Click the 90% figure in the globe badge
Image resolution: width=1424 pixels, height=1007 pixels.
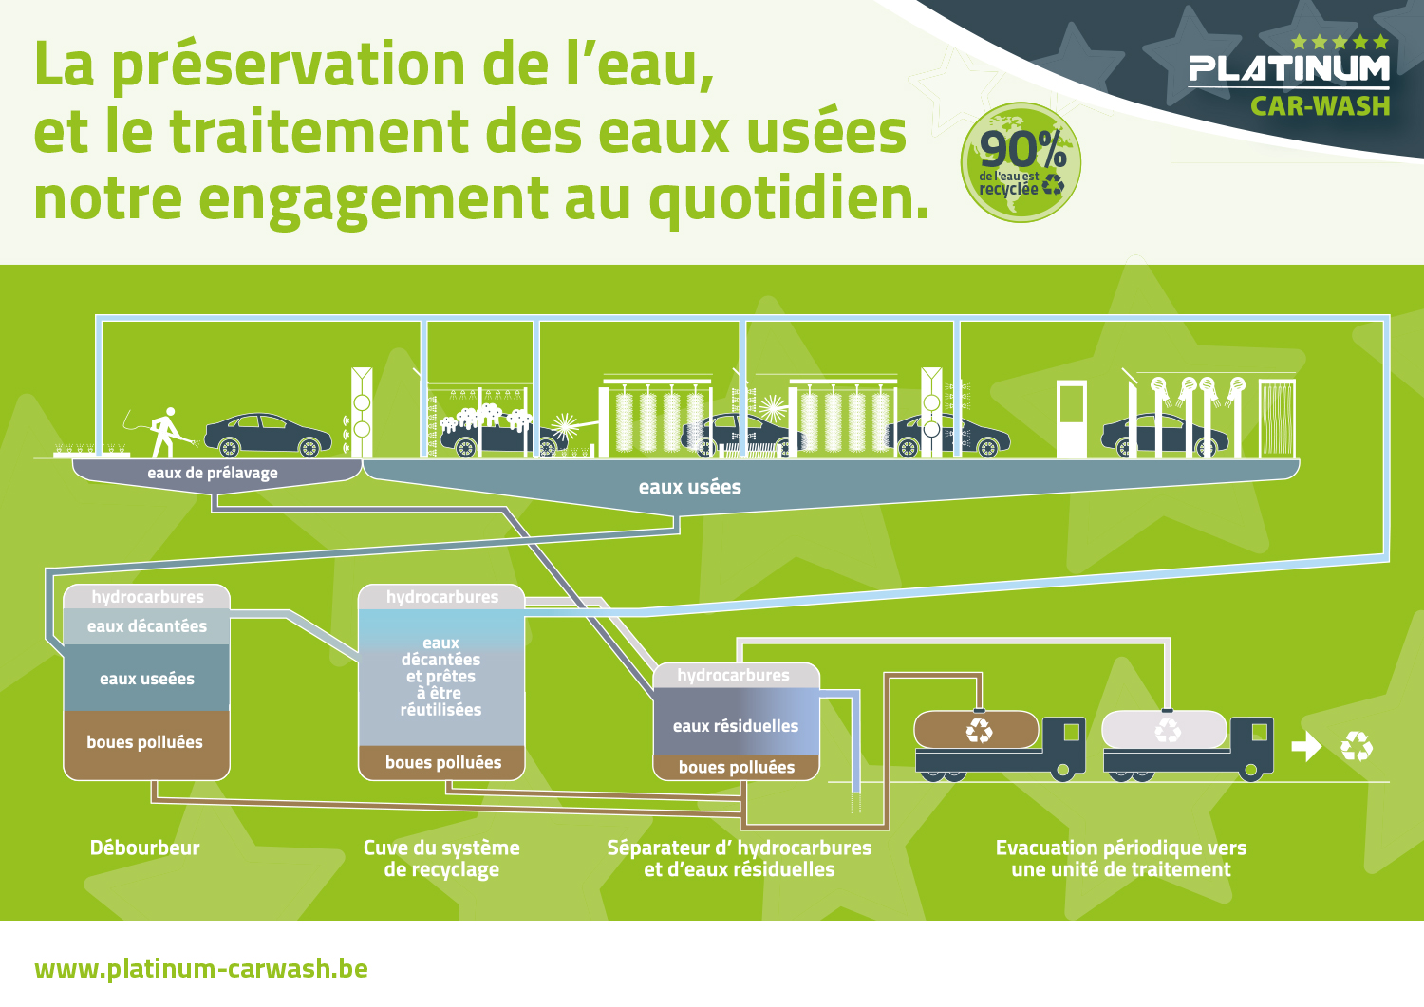coord(1022,149)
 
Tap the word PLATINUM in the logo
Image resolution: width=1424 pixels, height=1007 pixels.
coord(1289,69)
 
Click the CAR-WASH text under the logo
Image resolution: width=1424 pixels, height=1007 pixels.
coord(1321,106)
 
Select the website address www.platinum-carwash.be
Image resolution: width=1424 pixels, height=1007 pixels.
coord(201,969)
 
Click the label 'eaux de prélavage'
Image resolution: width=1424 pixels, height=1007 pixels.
coord(213,473)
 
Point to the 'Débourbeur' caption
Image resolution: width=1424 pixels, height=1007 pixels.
coord(145,848)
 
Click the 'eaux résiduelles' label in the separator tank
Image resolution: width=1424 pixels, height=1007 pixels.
coord(736,726)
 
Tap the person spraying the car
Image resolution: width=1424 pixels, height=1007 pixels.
coord(166,432)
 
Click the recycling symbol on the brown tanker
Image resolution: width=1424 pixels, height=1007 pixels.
coord(979,731)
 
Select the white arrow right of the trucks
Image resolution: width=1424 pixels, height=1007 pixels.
coord(1306,746)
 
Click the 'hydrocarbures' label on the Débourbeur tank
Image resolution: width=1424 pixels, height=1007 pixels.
coord(147,597)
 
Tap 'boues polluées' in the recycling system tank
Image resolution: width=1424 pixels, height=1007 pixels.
coord(443,762)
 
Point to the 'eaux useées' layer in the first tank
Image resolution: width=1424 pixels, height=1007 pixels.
coord(147,679)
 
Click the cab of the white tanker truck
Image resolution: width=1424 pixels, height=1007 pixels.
coord(1251,745)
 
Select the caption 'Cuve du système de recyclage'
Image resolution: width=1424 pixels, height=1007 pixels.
coord(441,858)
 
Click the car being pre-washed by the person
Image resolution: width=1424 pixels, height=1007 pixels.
coord(267,436)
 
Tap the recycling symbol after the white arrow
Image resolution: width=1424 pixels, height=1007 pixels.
coord(1357,746)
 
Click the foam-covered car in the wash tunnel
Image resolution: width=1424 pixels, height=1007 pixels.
coord(502,432)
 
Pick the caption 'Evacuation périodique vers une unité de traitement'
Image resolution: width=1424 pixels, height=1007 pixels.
coord(1121,858)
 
